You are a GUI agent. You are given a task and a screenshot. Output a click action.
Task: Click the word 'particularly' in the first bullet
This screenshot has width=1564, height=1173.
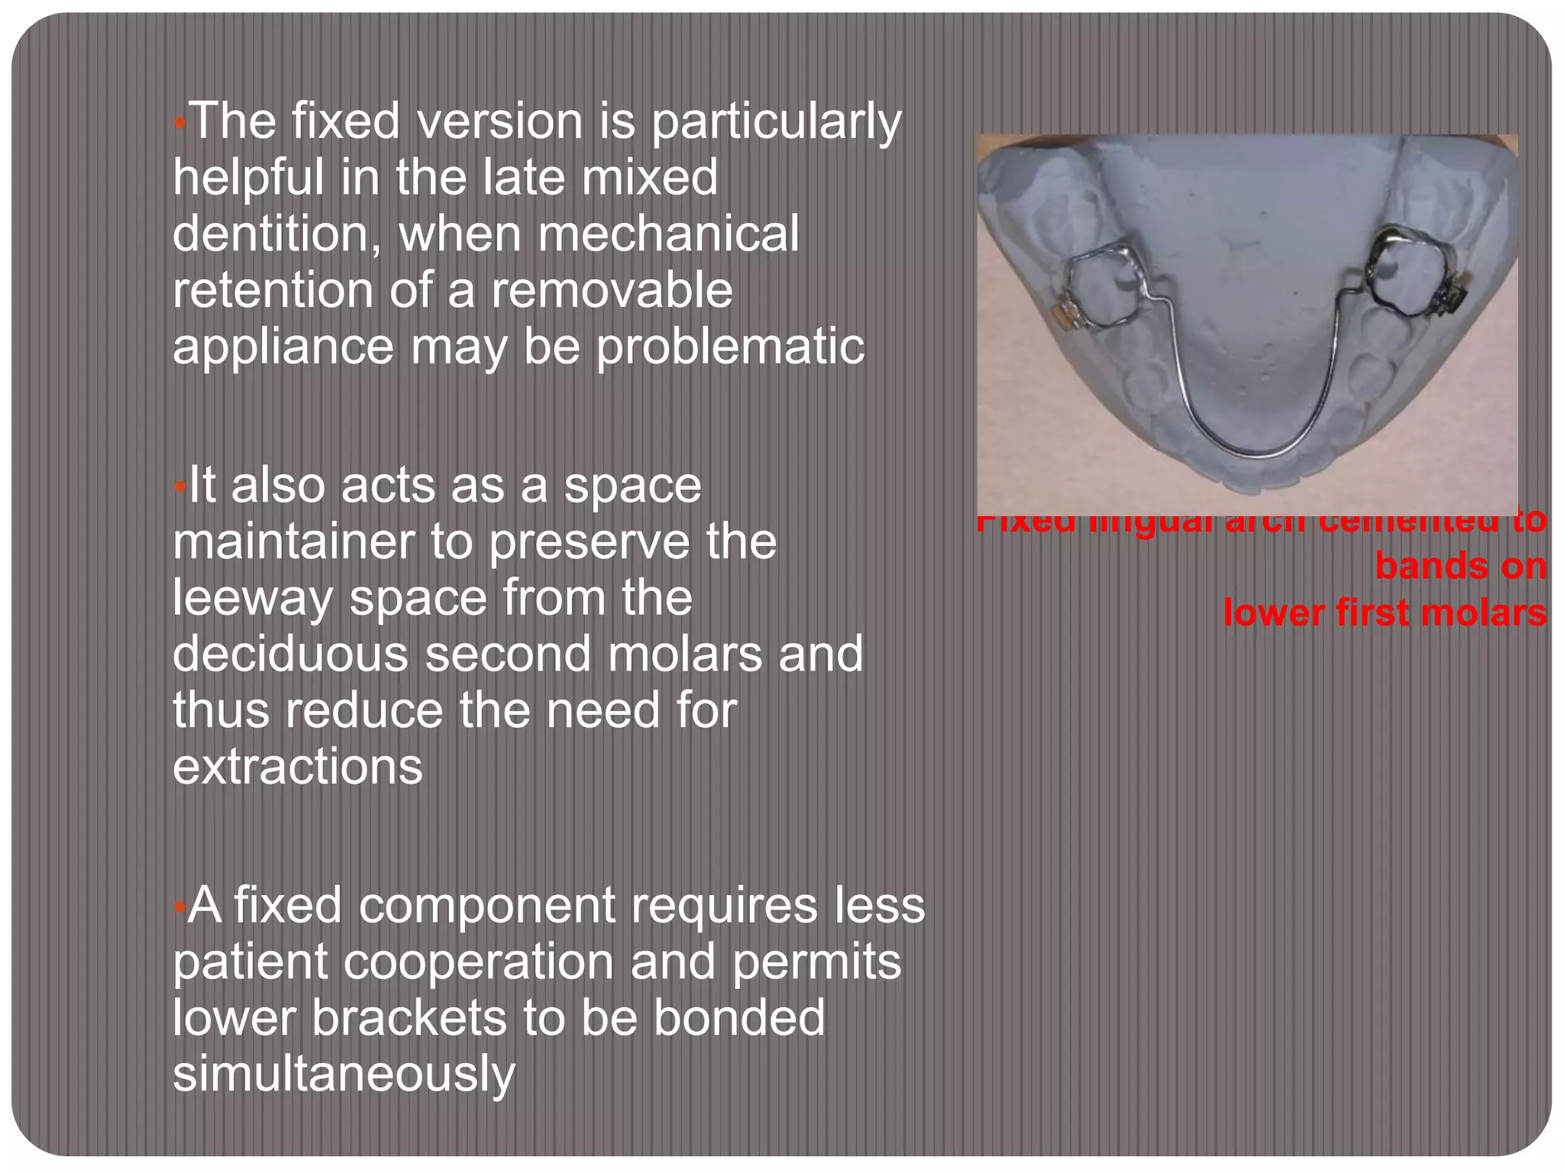[x=776, y=122]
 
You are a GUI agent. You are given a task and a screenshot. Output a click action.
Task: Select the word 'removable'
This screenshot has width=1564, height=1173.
[x=612, y=290]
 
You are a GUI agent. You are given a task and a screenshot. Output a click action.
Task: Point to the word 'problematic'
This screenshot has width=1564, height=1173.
[x=730, y=347]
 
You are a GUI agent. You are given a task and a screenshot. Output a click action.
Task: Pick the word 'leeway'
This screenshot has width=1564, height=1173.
[x=253, y=598]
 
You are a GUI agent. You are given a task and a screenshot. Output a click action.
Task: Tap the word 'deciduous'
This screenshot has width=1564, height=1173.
[x=290, y=654]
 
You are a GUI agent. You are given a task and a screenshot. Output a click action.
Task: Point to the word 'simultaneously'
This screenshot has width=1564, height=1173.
[x=344, y=1074]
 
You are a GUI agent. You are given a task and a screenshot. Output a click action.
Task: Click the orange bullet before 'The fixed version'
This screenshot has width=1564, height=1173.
[x=179, y=122]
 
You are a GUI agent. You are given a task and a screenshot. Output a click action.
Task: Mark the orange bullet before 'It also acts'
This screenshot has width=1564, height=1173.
[x=179, y=486]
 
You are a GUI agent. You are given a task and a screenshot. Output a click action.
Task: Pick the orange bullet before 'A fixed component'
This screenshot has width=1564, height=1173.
[x=179, y=906]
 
